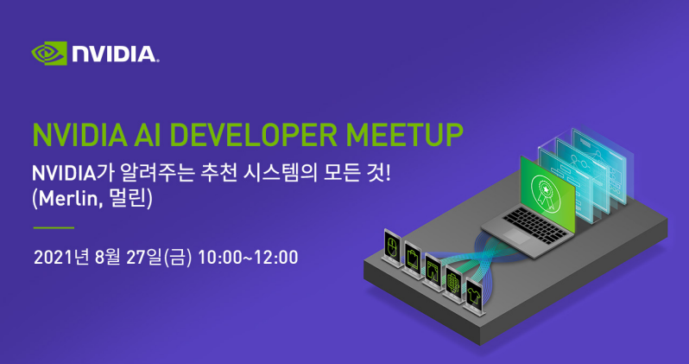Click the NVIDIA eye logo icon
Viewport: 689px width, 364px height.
click(x=49, y=54)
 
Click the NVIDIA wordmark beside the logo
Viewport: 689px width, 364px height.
click(x=115, y=54)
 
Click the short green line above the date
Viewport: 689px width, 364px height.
click(x=53, y=227)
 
